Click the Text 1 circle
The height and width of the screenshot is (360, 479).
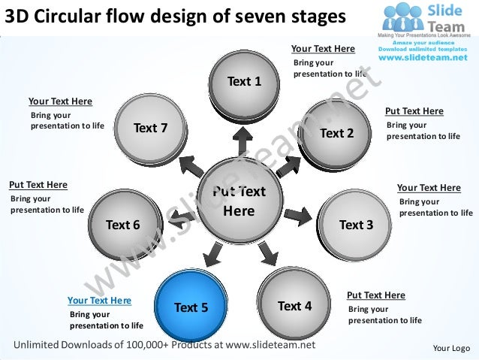coord(244,80)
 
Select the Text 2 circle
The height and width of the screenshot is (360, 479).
coord(336,133)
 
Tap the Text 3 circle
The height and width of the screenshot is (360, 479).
coord(356,224)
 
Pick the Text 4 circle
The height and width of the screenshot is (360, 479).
coord(294,305)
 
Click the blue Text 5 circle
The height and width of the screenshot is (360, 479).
coord(191,307)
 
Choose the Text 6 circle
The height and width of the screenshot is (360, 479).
coord(123,224)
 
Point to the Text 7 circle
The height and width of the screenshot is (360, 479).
coord(150,128)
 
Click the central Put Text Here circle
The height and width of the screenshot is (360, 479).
coord(239,201)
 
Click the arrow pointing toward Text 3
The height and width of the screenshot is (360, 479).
coord(297,215)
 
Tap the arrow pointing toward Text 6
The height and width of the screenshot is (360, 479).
coord(180,217)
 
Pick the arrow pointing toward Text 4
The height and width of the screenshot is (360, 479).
coord(267,253)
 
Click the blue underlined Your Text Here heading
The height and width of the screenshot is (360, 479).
coord(99,301)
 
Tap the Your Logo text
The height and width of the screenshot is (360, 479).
coord(451,348)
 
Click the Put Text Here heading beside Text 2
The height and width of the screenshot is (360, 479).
coord(414,111)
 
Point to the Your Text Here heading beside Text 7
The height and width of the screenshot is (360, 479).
coord(60,101)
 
